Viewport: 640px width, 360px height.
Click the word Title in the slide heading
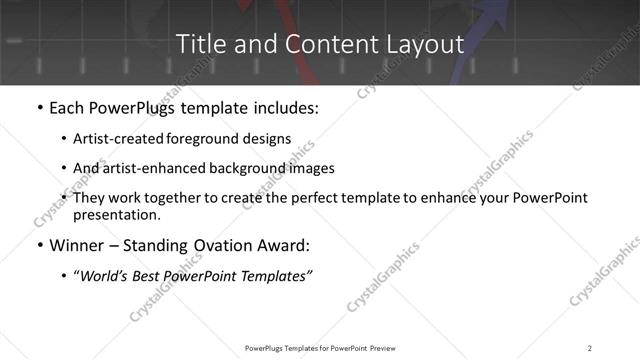200,44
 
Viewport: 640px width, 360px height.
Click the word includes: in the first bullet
283,107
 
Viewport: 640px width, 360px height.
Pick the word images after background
311,168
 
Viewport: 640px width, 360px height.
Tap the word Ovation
216,246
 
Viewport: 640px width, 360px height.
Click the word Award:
282,246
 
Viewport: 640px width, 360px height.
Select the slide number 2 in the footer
590,347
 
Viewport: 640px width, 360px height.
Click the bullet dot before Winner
38,246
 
